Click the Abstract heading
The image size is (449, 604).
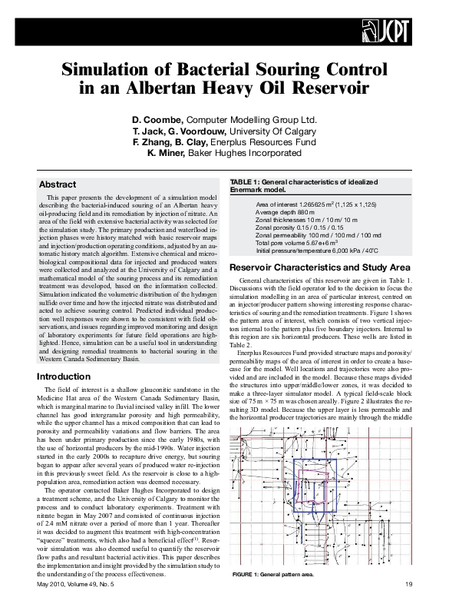[x=58, y=185]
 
